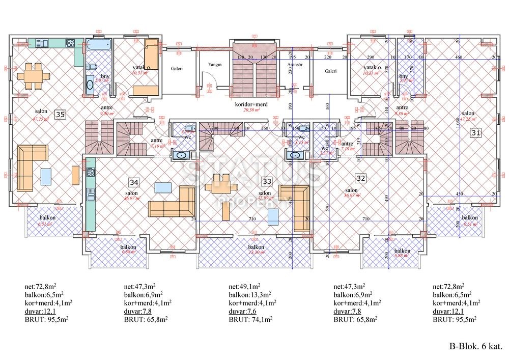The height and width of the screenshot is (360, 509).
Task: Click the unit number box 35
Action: pos(60,115)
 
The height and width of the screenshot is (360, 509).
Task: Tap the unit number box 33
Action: pos(266,181)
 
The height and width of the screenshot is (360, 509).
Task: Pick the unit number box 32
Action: pos(360,178)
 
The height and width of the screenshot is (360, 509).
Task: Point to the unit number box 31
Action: pos(475,132)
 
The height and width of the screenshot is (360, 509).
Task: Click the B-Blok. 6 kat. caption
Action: pos(475,346)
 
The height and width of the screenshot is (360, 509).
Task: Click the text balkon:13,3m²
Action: pos(249,294)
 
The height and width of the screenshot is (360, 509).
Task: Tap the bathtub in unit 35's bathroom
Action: pos(98,45)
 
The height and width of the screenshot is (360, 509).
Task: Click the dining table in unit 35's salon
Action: pos(35,75)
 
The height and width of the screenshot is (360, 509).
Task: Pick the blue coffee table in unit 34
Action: pos(162,188)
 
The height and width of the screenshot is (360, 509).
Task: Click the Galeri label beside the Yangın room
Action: pos(177,68)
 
